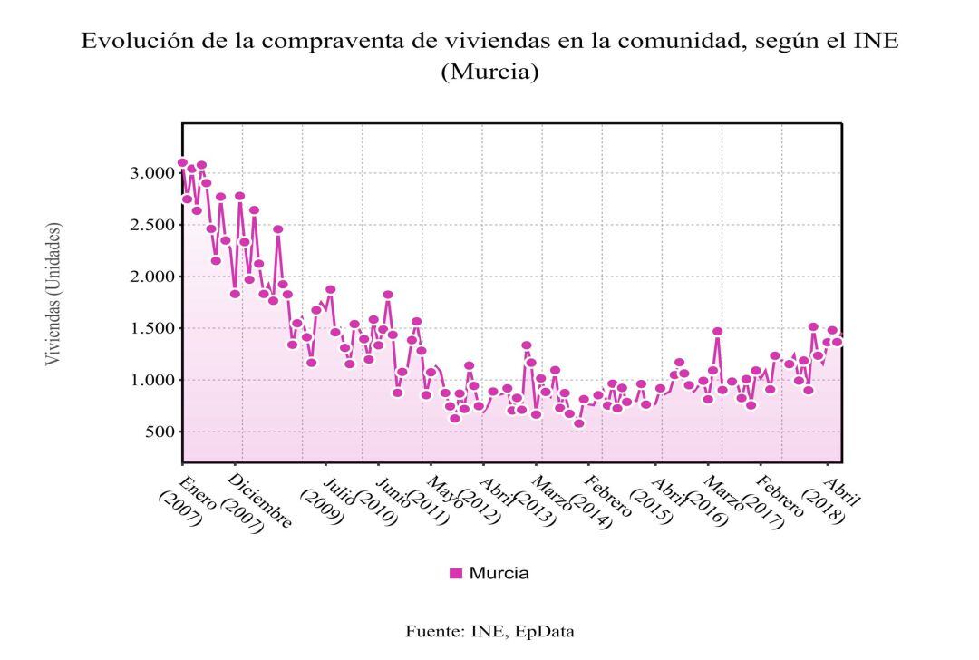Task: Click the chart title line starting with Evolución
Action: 489,42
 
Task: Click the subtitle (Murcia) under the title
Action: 489,73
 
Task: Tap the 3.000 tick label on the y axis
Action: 151,173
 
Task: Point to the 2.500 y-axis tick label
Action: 151,225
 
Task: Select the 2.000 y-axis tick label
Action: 151,277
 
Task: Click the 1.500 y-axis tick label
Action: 151,328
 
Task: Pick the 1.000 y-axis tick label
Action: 151,380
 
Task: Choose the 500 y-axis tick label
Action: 159,432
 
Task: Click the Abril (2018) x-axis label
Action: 836,501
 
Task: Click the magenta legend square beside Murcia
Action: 456,573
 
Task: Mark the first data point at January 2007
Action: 182,163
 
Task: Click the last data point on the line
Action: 838,342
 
